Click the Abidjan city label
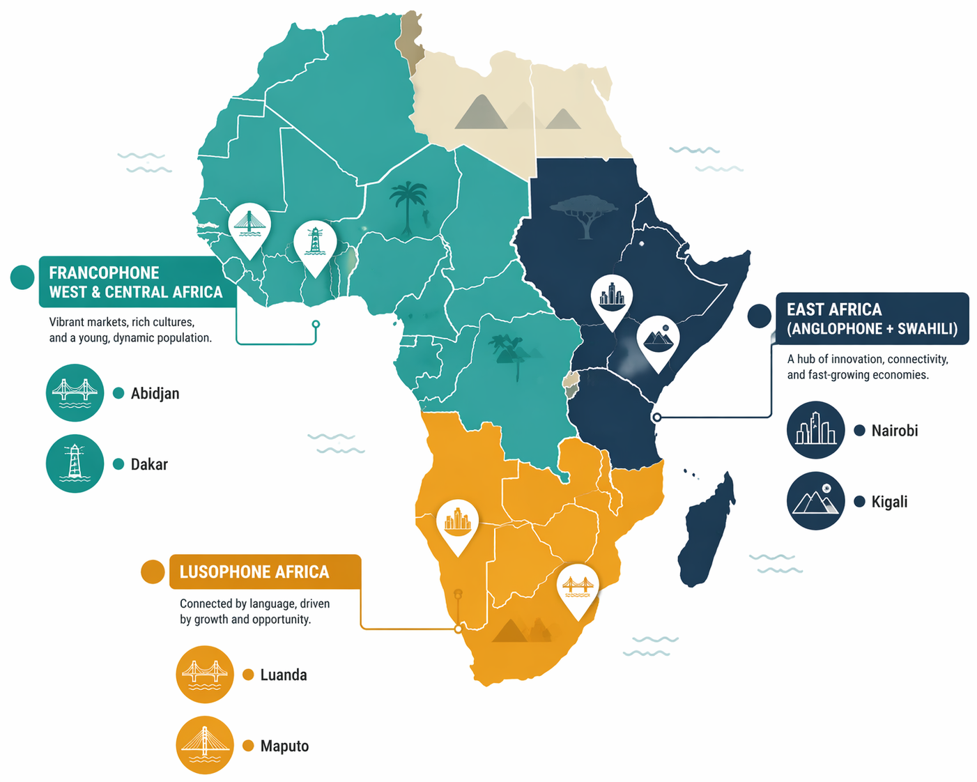(155, 394)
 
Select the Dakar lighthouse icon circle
(75, 463)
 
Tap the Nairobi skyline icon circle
(815, 430)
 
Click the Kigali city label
(889, 502)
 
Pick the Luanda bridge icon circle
(204, 674)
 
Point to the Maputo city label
(284, 746)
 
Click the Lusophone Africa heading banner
(265, 572)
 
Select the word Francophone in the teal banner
(104, 273)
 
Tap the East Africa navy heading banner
(871, 319)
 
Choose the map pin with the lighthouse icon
(315, 245)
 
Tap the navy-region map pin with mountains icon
(658, 340)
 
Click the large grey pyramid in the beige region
(481, 113)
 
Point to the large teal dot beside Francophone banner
(22, 277)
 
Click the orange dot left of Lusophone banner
(152, 572)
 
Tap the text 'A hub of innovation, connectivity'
(867, 360)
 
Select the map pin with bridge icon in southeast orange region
(578, 588)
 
